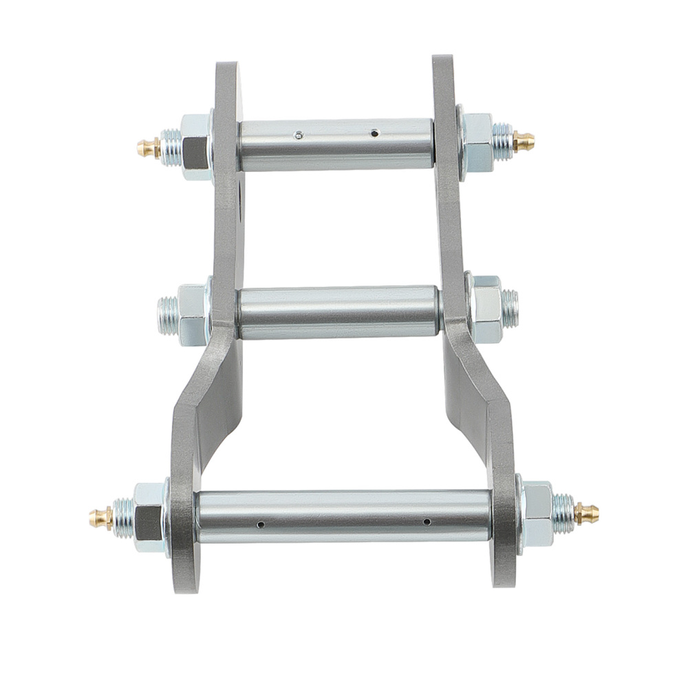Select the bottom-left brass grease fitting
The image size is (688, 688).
pyautogui.click(x=101, y=517)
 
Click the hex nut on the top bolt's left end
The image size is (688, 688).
pyautogui.click(x=195, y=147)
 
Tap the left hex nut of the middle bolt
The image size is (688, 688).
pyautogui.click(x=192, y=314)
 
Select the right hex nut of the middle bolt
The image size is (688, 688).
pyautogui.click(x=486, y=310)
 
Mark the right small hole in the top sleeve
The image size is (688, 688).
pyautogui.click(x=374, y=132)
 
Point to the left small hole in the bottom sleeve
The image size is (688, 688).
pyautogui.click(x=260, y=524)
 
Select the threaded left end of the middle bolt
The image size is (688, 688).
pyautogui.click(x=166, y=314)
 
